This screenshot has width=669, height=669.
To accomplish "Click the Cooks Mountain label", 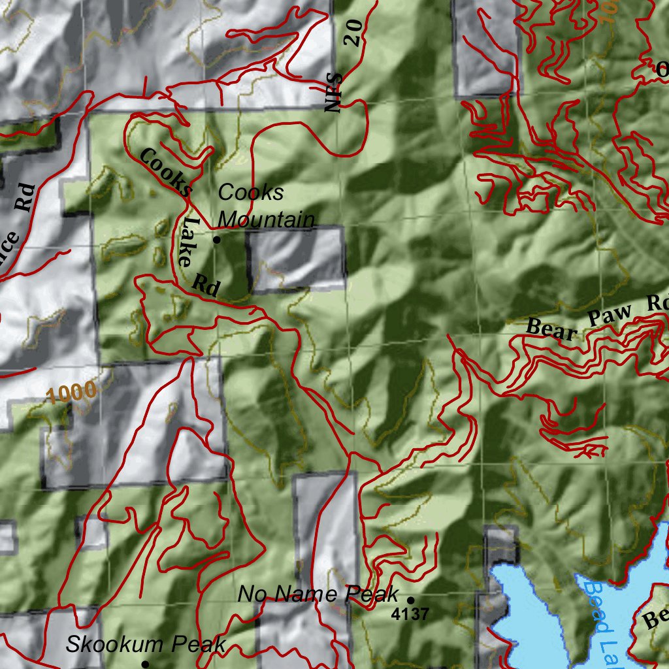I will pyautogui.click(x=265, y=206).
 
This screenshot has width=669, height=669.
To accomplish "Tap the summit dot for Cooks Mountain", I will pyautogui.click(x=217, y=240).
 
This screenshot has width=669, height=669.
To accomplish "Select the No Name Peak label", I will pyautogui.click(x=318, y=595).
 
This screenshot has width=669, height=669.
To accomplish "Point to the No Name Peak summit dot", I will pyautogui.click(x=411, y=599).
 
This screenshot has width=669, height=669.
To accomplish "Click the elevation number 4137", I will pyautogui.click(x=410, y=614).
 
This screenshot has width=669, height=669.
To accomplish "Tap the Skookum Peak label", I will pyautogui.click(x=146, y=645).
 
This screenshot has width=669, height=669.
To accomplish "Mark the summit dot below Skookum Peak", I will pyautogui.click(x=145, y=664).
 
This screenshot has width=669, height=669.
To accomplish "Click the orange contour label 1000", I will pyautogui.click(x=72, y=393).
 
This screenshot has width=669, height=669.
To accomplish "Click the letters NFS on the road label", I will pyautogui.click(x=335, y=92).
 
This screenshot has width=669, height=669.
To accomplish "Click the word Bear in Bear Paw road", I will pyautogui.click(x=552, y=329).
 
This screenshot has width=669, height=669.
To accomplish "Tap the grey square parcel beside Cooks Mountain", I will pyautogui.click(x=295, y=258).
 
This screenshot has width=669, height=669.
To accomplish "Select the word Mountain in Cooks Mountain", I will pyautogui.click(x=266, y=220).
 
